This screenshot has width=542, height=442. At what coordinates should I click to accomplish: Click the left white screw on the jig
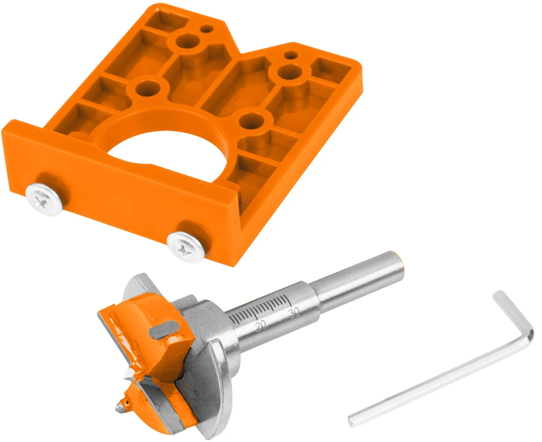[44, 200]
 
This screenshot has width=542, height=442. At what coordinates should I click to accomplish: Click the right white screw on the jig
[185, 247]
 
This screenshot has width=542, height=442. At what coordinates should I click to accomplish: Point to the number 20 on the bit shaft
[261, 326]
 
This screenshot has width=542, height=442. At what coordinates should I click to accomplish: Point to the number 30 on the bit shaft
[294, 313]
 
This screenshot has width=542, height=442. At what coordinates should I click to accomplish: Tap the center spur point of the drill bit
[122, 407]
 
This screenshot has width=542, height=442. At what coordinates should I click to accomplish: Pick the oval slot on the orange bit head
[164, 329]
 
